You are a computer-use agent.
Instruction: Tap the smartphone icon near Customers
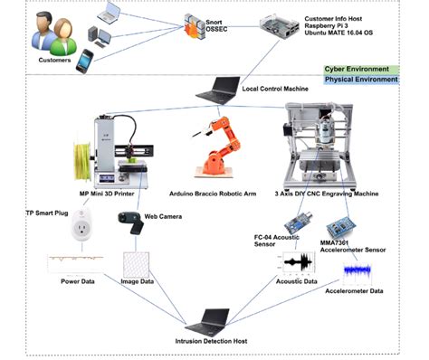83,61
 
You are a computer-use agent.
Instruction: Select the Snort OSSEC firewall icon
199,24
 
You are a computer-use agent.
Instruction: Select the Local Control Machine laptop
221,89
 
